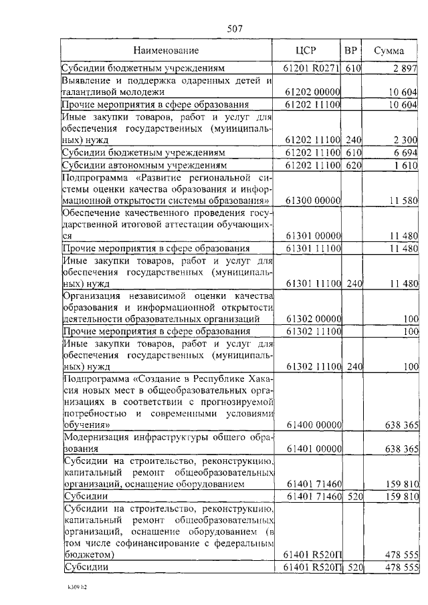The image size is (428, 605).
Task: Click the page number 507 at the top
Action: coord(234,29)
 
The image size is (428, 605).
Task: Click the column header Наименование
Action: coord(166,51)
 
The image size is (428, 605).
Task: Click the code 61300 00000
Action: coord(313,200)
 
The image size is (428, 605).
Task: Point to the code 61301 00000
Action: coord(313,236)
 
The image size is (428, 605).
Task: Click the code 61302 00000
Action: coord(313,319)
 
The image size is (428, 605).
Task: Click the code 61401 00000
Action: coord(313,449)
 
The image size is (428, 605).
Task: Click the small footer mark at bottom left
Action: coord(76,590)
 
